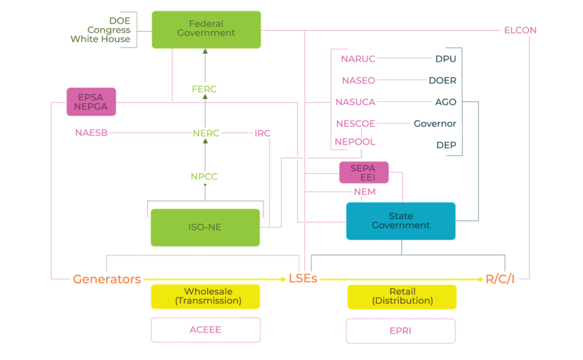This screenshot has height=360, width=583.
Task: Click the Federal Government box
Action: [x=206, y=29]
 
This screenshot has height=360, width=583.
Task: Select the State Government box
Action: [x=401, y=221]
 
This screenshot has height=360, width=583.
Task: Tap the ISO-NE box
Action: [x=205, y=227]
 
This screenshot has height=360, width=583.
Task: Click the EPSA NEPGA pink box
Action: [x=91, y=102]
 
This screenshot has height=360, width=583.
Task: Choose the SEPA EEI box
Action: [x=363, y=172]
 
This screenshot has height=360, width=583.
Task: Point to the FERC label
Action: [x=204, y=89]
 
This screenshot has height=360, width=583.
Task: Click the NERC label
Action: [x=205, y=133]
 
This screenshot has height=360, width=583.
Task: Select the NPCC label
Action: [x=204, y=177]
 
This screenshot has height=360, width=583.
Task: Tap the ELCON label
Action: [x=520, y=30]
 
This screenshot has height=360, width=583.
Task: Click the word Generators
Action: [x=107, y=279]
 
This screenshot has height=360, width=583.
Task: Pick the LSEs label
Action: [x=303, y=279]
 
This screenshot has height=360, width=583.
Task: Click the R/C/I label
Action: [x=500, y=279]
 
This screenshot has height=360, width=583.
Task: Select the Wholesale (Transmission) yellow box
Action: [x=205, y=296]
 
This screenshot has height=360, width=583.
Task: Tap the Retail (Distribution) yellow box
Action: [x=402, y=296]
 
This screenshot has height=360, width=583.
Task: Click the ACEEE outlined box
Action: [x=205, y=330]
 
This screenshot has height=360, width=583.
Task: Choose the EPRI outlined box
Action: [x=401, y=331]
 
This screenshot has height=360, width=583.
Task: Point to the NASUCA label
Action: [x=355, y=102]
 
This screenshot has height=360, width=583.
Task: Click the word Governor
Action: [x=435, y=124]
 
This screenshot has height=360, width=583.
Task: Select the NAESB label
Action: [x=91, y=133]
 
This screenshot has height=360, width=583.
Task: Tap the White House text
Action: [x=100, y=39]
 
